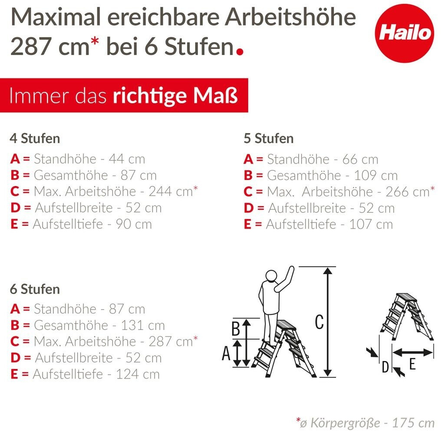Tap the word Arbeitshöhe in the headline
(290, 17)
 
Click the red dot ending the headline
(240, 52)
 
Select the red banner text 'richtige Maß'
(175, 96)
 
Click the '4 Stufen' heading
(35, 138)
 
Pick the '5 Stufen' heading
(269, 138)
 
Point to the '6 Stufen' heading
(35, 289)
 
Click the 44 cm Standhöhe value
(127, 159)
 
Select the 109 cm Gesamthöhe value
(376, 176)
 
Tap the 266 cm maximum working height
(408, 192)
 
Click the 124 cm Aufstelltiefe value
(138, 374)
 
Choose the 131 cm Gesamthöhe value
(143, 325)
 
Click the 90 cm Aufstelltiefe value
(134, 224)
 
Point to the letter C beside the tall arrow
(319, 322)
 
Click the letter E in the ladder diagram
(412, 364)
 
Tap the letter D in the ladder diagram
(385, 367)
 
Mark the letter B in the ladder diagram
(235, 328)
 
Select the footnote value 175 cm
(413, 422)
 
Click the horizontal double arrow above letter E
(412, 352)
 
